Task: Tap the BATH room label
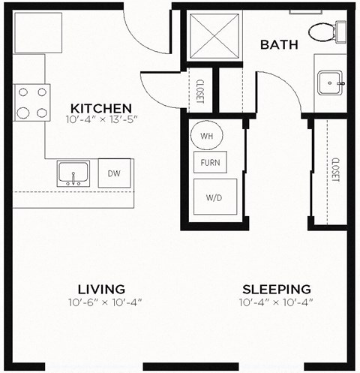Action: pyautogui.click(x=279, y=45)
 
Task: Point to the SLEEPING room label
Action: pyautogui.click(x=276, y=289)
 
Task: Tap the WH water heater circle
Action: pyautogui.click(x=205, y=136)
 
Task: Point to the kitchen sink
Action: pyautogui.click(x=74, y=173)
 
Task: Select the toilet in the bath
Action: pyautogui.click(x=325, y=32)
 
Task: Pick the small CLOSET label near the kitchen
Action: pyautogui.click(x=201, y=91)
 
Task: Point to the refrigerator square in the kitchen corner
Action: pyautogui.click(x=37, y=32)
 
